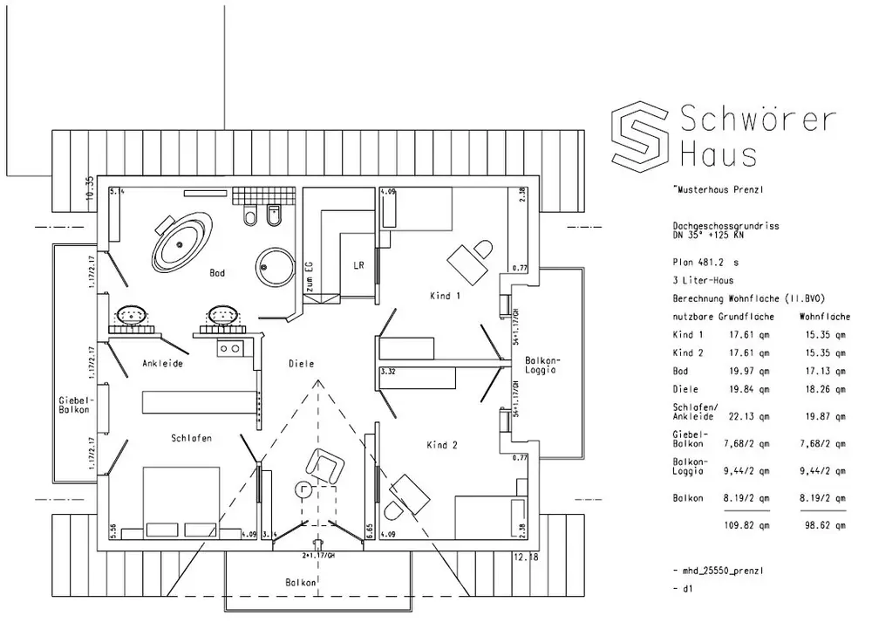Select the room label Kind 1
445,296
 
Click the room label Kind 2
442,445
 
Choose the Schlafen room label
192,438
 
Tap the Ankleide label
163,363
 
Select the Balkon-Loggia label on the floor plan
541,365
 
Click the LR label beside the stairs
358,265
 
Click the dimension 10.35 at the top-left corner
89,188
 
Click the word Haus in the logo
718,154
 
